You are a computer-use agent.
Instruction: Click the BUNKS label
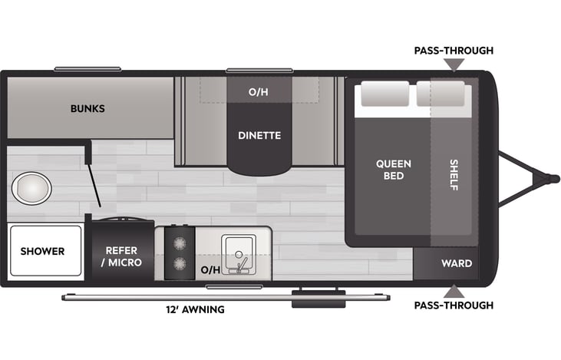(87, 108)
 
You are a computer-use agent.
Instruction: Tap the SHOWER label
(42, 251)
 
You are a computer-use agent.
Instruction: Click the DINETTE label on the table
(259, 136)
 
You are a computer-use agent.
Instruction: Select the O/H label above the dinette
(259, 92)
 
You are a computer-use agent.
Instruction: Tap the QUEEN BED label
(393, 170)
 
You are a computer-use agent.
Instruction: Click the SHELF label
(454, 175)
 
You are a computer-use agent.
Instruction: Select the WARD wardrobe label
(456, 263)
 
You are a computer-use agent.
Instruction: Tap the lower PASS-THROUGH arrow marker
(454, 291)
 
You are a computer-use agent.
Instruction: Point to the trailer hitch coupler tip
(552, 178)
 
